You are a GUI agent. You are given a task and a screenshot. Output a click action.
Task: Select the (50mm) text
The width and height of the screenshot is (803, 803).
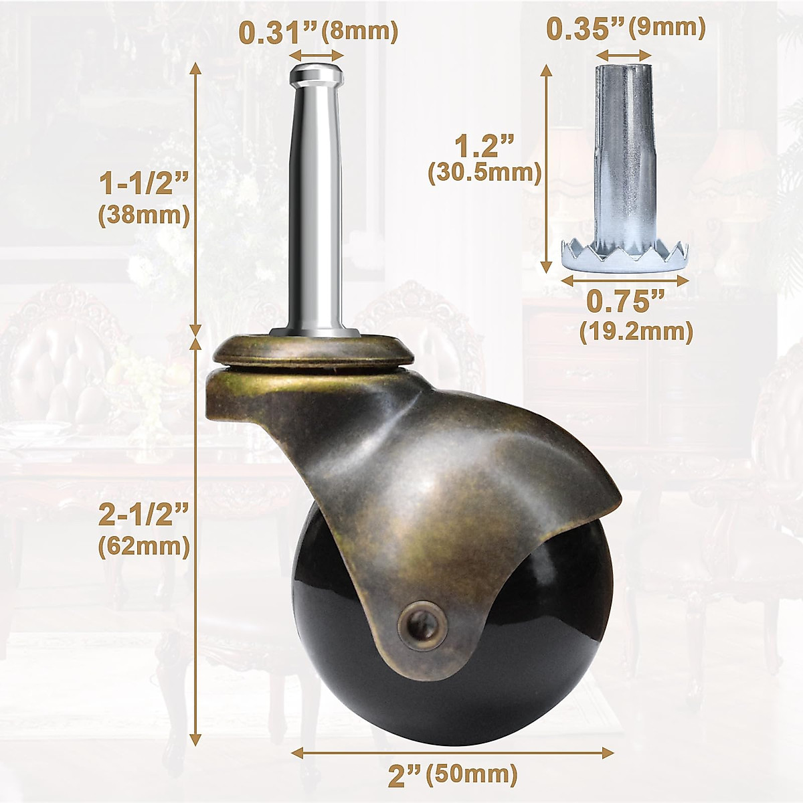pos(472,776)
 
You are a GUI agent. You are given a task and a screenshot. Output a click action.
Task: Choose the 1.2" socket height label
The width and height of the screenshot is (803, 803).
pos(484,145)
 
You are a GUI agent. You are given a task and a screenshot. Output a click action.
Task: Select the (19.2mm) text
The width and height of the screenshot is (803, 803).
pos(636,331)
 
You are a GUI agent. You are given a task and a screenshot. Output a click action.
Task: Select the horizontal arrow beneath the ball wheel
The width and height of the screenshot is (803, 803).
pos(453,753)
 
